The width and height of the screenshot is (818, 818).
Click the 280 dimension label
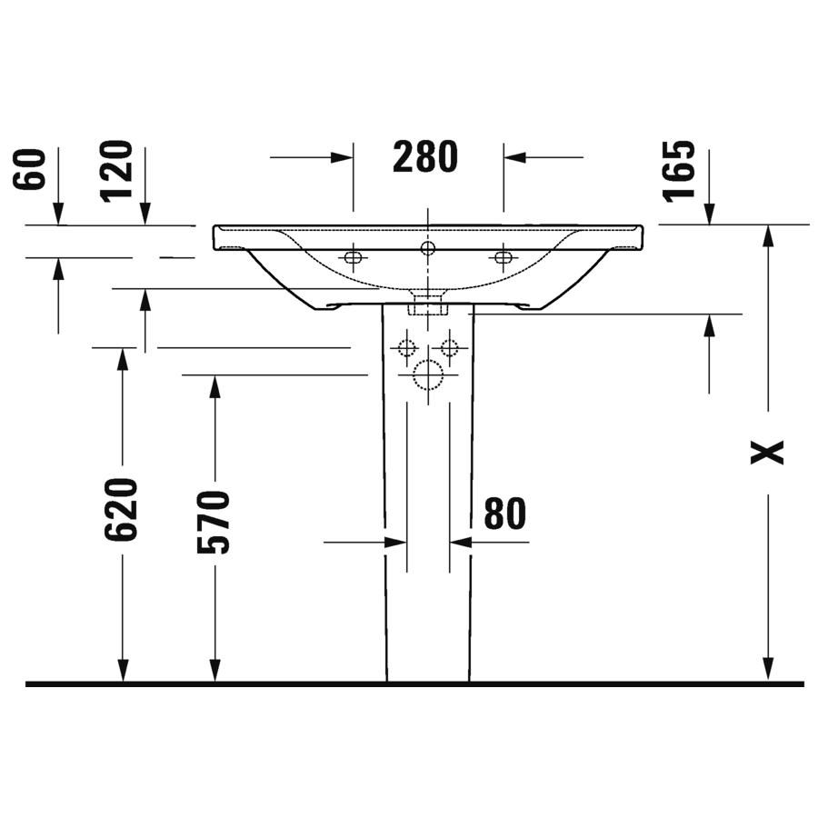click(x=425, y=156)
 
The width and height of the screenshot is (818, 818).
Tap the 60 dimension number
click(x=30, y=169)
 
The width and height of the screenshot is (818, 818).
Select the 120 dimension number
click(x=115, y=171)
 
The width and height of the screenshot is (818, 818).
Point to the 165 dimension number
click(x=679, y=171)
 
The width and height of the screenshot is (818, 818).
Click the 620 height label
click(x=121, y=509)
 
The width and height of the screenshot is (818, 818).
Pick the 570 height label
click(x=214, y=522)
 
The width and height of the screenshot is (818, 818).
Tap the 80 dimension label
click(x=505, y=514)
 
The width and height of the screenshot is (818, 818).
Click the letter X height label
click(x=767, y=453)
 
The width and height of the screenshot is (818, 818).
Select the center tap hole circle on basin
click(x=428, y=248)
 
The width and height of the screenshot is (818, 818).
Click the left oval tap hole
click(x=354, y=257)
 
